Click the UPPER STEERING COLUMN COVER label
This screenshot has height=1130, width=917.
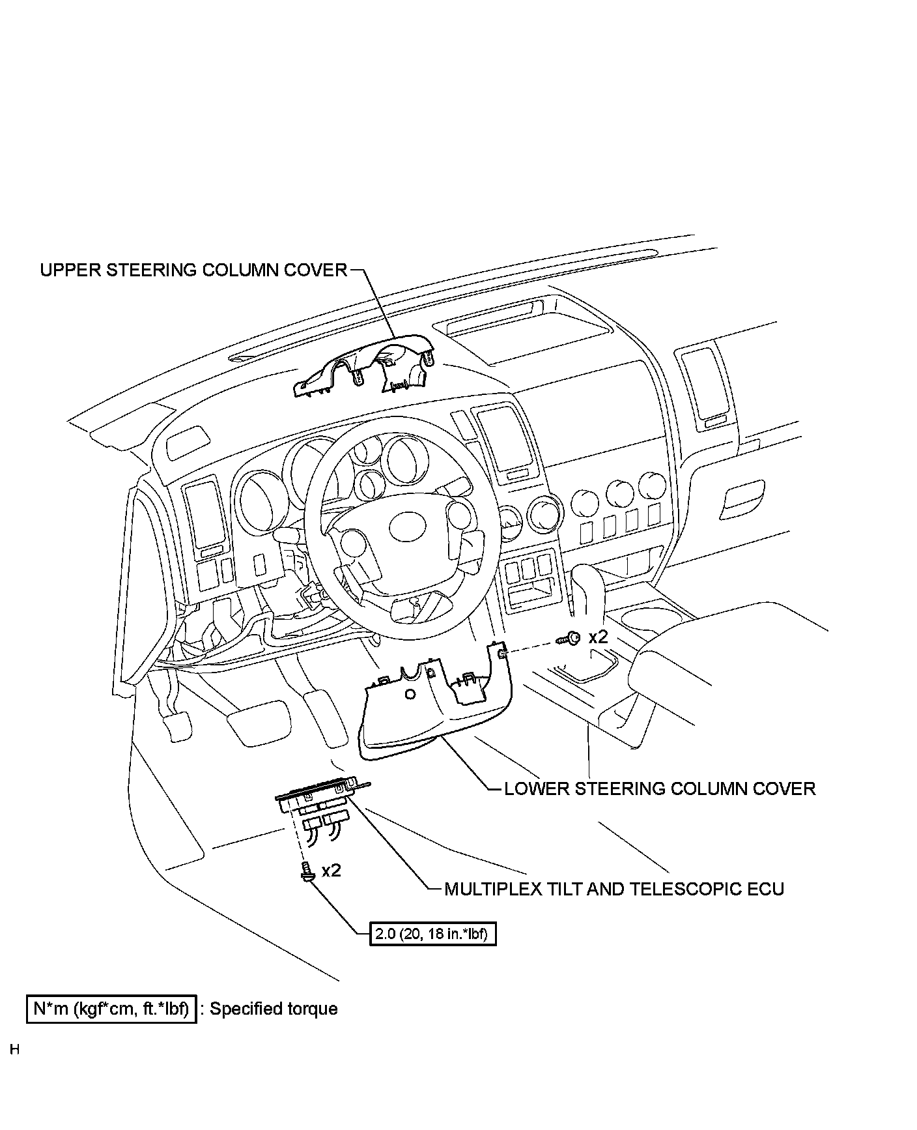point(193,270)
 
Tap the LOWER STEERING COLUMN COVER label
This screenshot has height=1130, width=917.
point(660,789)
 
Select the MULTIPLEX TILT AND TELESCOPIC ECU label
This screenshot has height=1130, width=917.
point(614,888)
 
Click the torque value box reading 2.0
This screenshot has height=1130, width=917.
point(432,934)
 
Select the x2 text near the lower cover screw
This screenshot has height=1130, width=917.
point(597,637)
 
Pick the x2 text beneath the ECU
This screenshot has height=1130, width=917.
point(331,870)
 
